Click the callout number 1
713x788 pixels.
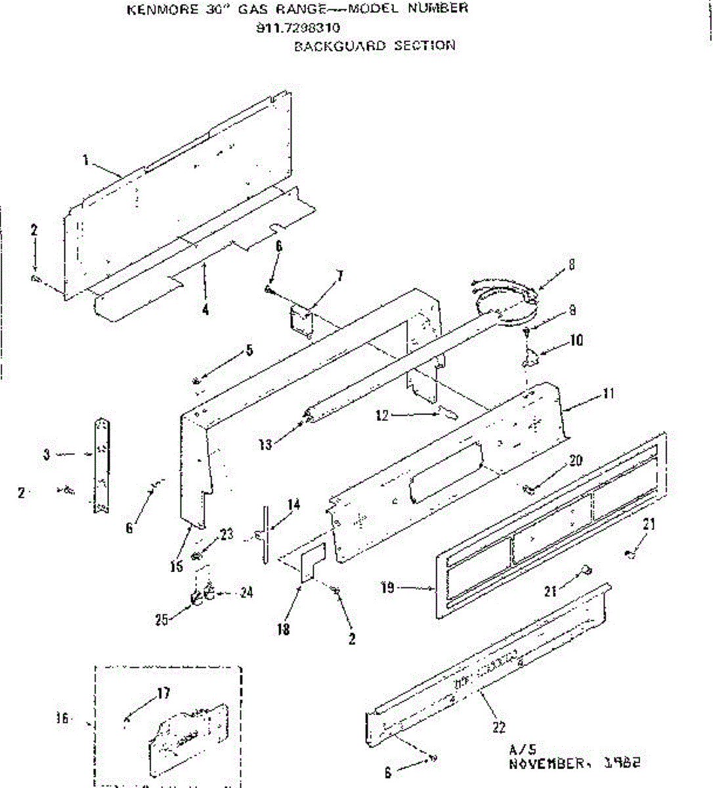86,160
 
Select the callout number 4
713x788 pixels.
205,310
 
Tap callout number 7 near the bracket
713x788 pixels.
340,276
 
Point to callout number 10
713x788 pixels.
576,340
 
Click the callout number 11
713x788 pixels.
609,394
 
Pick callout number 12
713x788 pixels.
382,415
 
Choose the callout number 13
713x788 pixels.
265,445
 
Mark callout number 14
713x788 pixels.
293,504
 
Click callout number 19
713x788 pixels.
388,587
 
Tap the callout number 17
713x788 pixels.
163,692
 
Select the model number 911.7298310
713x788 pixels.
298,28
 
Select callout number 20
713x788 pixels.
576,461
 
